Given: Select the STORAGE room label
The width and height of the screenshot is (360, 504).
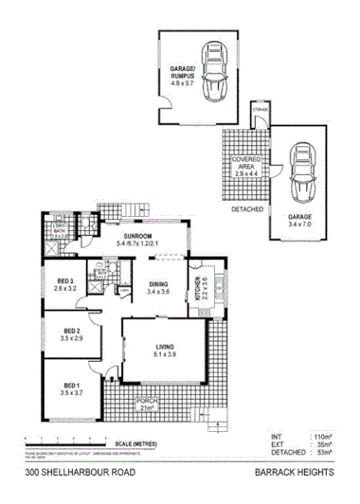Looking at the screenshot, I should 260,111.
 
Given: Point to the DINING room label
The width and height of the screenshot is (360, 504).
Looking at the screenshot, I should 158,284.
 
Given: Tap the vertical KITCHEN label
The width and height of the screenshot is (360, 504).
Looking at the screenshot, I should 198,286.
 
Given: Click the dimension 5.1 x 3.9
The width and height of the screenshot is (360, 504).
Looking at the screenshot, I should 165,356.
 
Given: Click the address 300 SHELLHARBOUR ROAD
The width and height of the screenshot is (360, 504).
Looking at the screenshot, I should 73,471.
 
